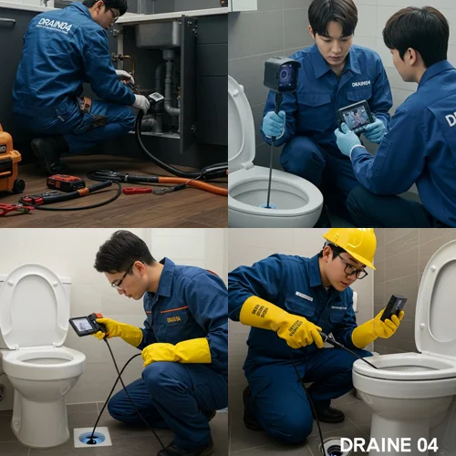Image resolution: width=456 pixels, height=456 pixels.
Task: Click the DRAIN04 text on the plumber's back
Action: pos(55,25)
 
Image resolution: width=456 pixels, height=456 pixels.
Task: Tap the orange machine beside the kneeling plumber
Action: pos(10,159)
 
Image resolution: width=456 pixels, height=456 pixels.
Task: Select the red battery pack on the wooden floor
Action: pos(66,181)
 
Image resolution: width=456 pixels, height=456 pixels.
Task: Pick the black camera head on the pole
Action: pos(281,75)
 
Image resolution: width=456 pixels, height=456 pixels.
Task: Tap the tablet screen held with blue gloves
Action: pos(357,116)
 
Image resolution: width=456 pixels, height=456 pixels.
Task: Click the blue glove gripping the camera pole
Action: pos(274,123)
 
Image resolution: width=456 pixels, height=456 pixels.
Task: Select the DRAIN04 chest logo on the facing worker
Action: pos(360,84)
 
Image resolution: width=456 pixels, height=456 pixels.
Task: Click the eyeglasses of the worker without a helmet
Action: pos(120,279)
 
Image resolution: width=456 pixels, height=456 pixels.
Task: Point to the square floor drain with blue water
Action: pos(92,437)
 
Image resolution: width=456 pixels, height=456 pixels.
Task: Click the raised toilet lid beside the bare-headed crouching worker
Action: pos(35,306)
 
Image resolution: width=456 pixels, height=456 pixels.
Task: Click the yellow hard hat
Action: pos(352,244)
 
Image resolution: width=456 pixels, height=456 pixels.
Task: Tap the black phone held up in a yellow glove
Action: pos(394,306)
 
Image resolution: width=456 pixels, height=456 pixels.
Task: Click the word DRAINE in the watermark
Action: pos(376,445)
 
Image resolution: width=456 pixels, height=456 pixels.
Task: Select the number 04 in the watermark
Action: pos(426,445)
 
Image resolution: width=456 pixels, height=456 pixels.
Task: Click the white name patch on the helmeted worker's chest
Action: pos(304,296)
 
